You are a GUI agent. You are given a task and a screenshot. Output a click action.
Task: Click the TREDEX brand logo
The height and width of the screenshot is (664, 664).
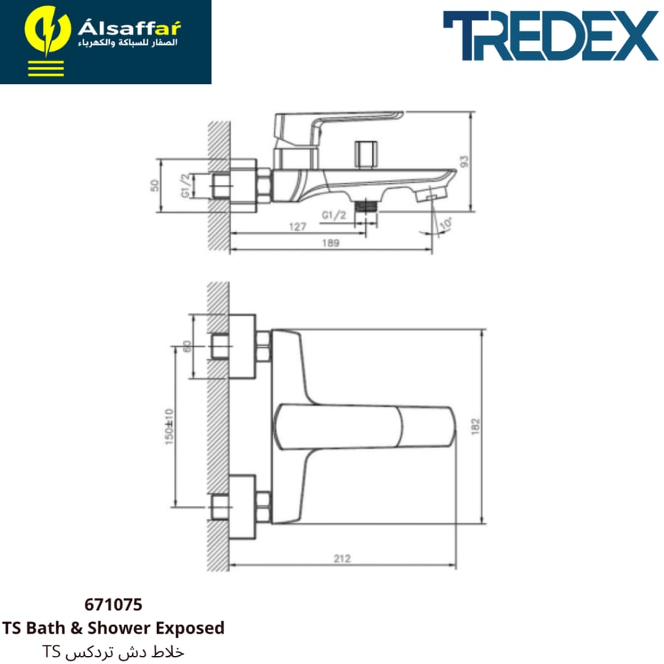click(550, 35)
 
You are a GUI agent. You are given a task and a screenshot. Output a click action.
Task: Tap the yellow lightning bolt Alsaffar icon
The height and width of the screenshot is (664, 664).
click(47, 31)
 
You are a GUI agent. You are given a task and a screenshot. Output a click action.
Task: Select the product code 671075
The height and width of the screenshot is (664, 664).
click(113, 604)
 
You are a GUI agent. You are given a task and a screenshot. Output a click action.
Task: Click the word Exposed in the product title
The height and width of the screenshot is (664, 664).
click(190, 628)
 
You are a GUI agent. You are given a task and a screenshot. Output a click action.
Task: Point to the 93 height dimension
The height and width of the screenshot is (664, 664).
click(465, 162)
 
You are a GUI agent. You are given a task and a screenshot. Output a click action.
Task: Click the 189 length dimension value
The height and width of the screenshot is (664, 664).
click(331, 243)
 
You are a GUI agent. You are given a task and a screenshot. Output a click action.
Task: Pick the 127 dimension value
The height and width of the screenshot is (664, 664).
click(297, 227)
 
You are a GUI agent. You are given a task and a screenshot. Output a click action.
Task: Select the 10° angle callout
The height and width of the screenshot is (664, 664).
click(445, 224)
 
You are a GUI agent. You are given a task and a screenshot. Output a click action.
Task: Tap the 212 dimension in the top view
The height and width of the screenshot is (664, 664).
click(342, 558)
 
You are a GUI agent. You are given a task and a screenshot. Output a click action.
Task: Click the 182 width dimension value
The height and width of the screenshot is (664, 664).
click(476, 426)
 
